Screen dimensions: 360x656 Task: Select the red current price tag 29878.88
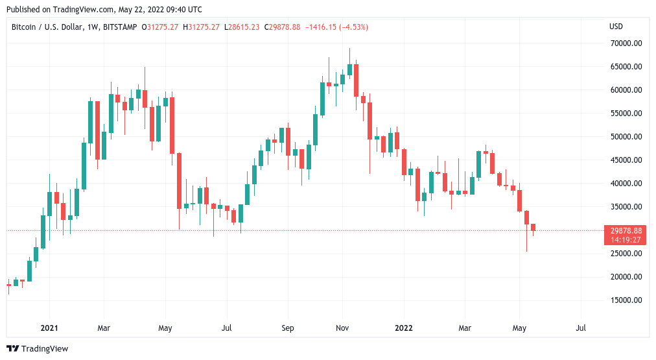[x=626, y=230]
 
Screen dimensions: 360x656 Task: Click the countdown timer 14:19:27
[x=626, y=239]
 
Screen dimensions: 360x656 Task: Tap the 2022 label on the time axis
[x=404, y=328]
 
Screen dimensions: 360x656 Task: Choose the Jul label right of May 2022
[x=581, y=328]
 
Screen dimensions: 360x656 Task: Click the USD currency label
[x=616, y=27]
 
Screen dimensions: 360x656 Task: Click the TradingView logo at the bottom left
[x=37, y=349]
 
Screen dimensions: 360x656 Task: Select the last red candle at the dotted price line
[x=533, y=227]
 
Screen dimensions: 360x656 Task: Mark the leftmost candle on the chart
[x=8, y=285]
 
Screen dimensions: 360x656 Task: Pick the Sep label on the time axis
[x=288, y=328]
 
